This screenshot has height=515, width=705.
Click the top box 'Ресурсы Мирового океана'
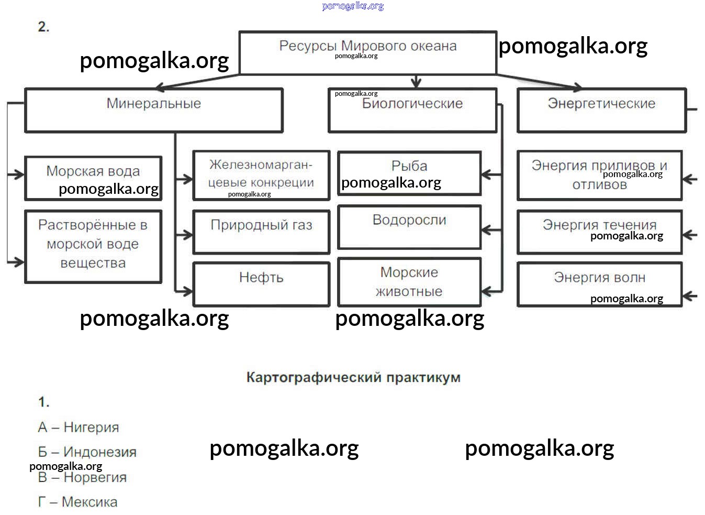point(367,52)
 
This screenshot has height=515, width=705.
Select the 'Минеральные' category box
point(153,110)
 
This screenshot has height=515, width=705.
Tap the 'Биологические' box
point(412,111)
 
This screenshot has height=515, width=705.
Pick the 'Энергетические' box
point(601,111)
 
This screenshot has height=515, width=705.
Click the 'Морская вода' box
point(93,178)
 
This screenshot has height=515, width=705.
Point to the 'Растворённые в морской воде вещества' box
point(93,246)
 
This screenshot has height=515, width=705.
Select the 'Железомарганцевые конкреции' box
point(261,175)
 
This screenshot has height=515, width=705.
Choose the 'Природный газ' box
point(261,232)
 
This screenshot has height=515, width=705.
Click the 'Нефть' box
point(261,283)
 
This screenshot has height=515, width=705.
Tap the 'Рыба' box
point(409,173)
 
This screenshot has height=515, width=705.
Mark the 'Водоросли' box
point(409,227)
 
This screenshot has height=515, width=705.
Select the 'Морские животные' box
point(409,282)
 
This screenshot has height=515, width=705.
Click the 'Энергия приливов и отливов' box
point(599,175)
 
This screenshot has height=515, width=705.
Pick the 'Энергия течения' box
point(599,232)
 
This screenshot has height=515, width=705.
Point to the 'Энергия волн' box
point(599,283)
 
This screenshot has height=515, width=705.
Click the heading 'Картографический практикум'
point(353,378)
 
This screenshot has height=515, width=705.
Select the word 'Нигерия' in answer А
point(91,428)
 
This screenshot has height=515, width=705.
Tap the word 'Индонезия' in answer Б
point(99,452)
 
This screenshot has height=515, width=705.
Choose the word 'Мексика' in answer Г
point(89,502)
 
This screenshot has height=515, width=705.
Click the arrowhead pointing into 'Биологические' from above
point(416,83)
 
